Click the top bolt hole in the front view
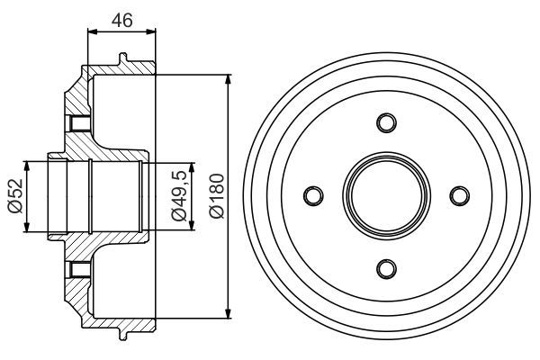(386, 122)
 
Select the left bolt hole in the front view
(313, 195)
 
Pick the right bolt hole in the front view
(459, 195)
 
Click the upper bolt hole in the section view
(78, 123)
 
